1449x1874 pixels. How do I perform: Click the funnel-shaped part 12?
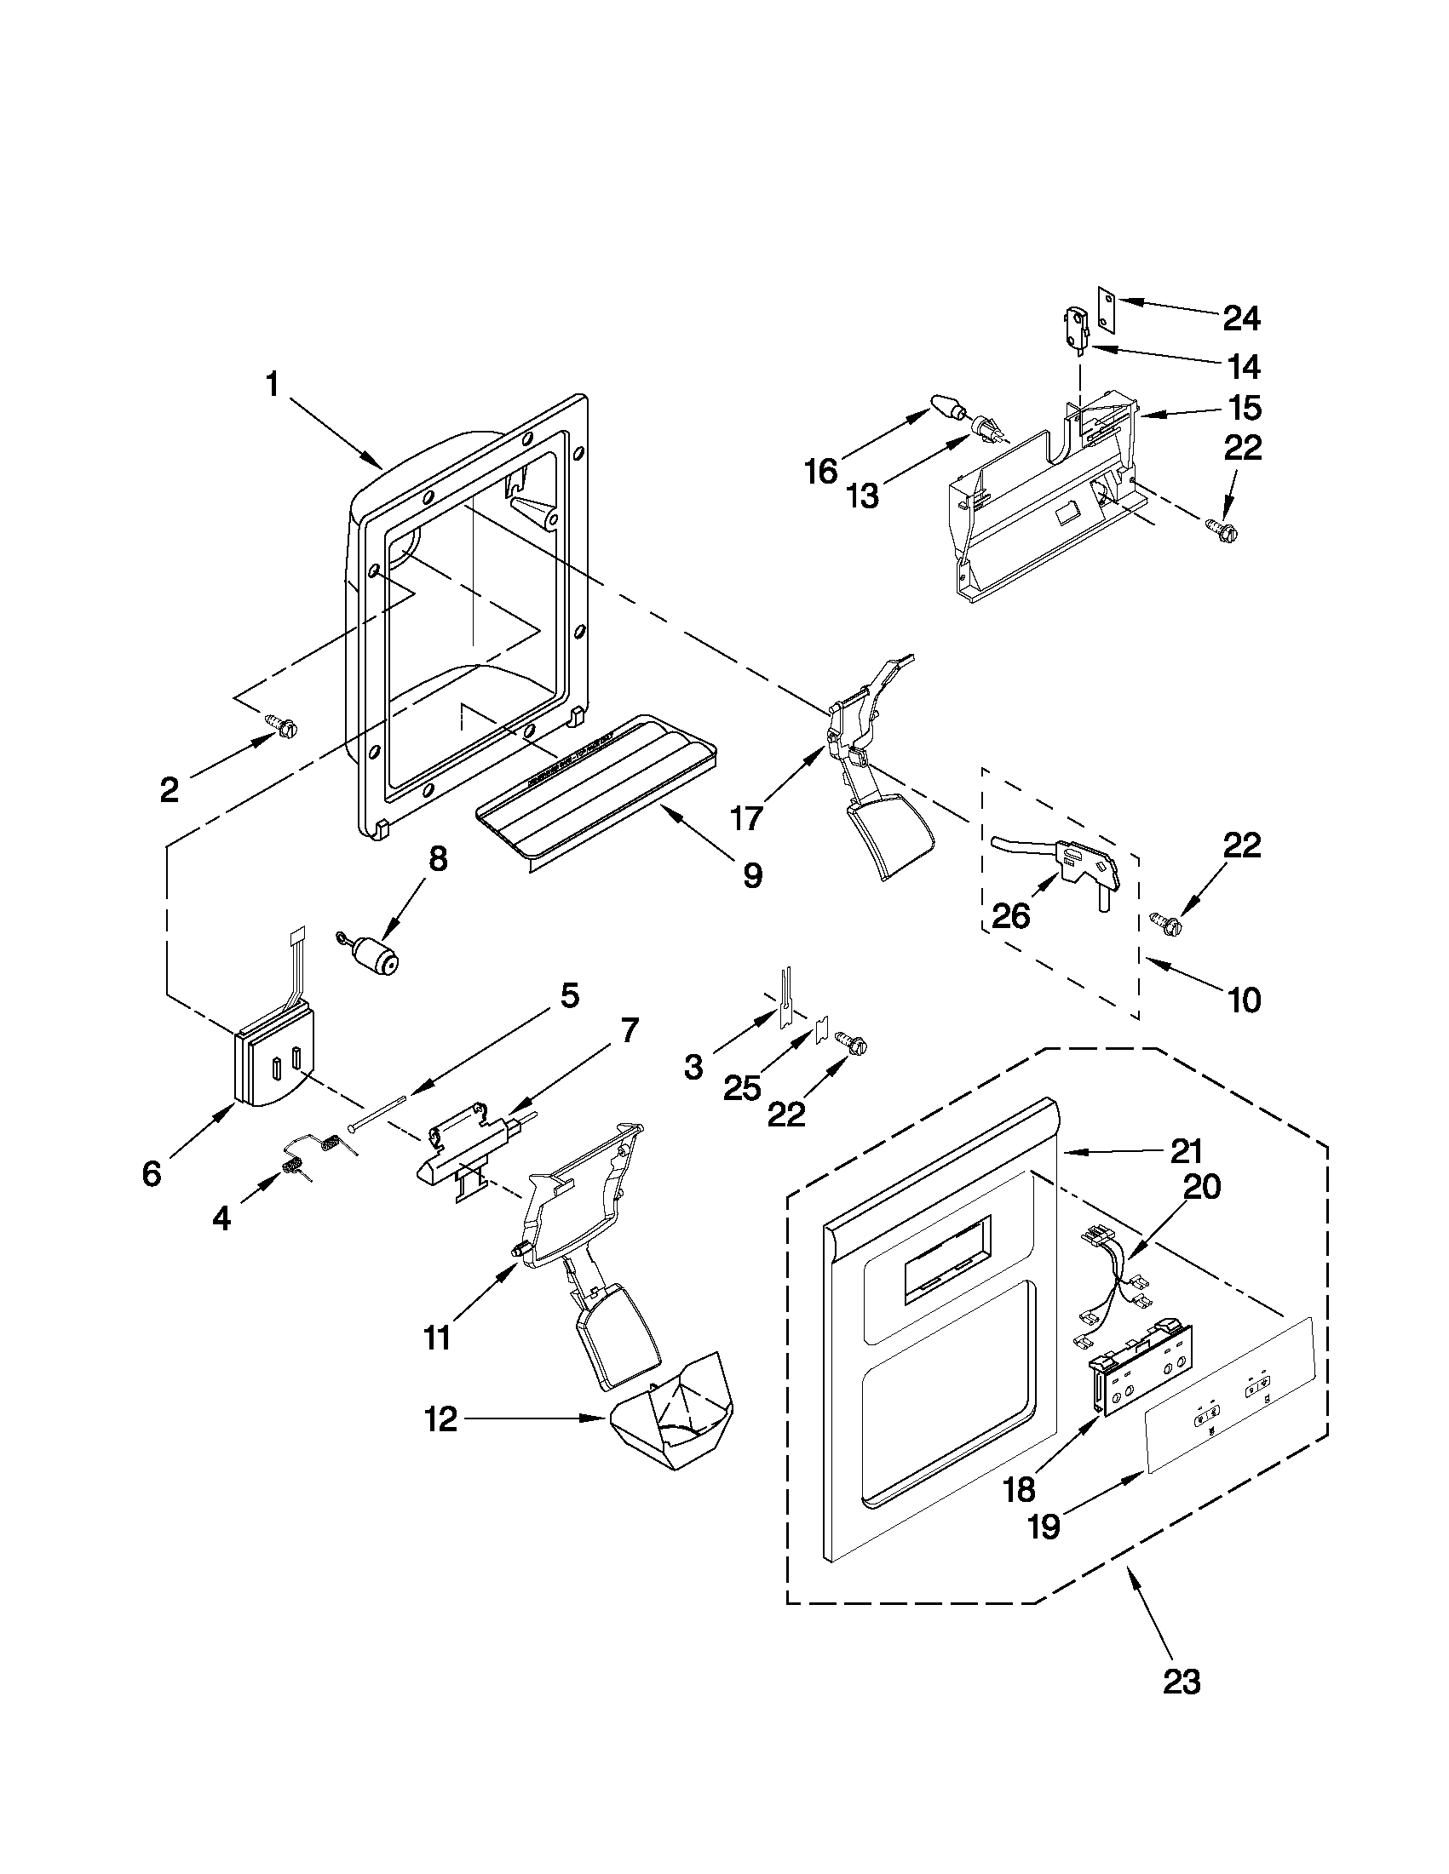tap(678, 1423)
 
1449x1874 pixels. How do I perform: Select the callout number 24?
tap(1241, 319)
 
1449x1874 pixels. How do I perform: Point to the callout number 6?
tap(152, 1174)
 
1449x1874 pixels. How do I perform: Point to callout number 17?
tap(747, 818)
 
